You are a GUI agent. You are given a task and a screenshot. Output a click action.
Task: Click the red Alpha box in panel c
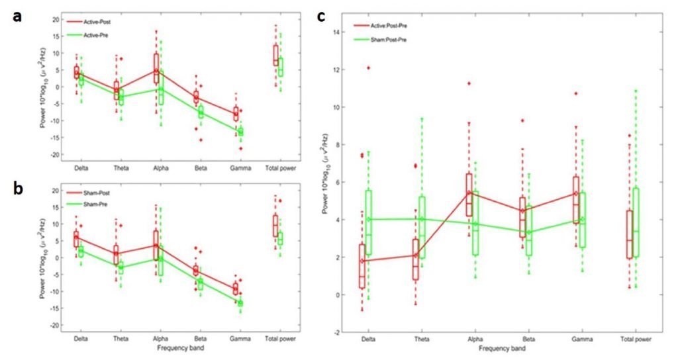(x=469, y=195)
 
